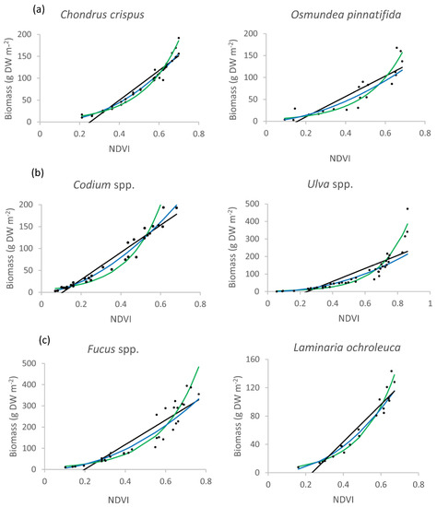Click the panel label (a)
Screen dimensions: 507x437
pyautogui.click(x=11, y=9)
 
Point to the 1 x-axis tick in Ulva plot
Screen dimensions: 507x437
pyautogui.click(x=427, y=302)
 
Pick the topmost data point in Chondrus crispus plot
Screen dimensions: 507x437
pyautogui.click(x=179, y=39)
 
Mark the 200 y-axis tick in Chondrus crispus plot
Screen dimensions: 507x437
pyautogui.click(x=28, y=35)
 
